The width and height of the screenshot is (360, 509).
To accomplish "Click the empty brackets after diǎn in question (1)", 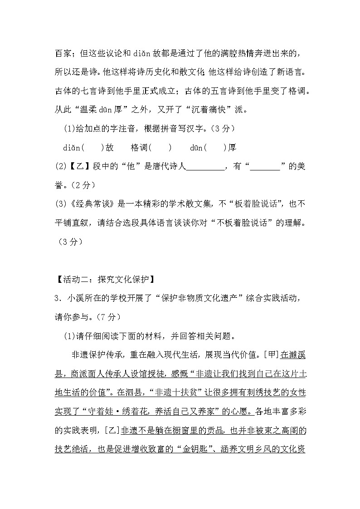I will click(91, 148).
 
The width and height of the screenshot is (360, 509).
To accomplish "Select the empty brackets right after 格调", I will click(160, 148).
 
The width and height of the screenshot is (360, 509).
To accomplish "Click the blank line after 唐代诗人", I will click(205, 167).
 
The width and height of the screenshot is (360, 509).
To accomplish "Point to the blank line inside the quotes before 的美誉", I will click(265, 167).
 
